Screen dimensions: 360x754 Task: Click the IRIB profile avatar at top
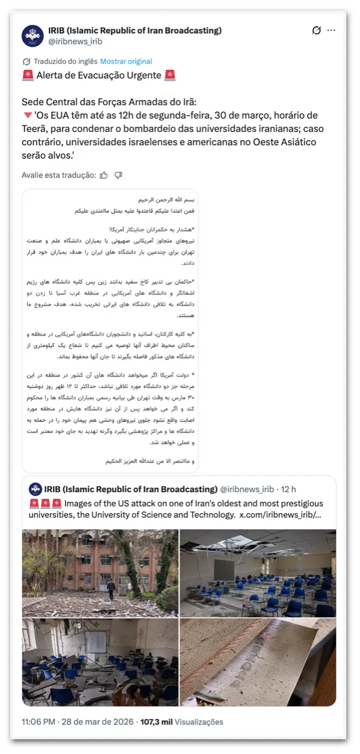pyautogui.click(x=33, y=36)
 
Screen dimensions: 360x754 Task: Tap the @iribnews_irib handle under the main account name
pyautogui.click(x=75, y=42)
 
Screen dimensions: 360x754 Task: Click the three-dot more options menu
pyautogui.click(x=331, y=30)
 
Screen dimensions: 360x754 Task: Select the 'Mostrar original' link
pyautogui.click(x=126, y=61)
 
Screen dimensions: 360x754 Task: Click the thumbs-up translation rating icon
pyautogui.click(x=104, y=175)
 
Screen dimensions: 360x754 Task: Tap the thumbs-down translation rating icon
pyautogui.click(x=119, y=175)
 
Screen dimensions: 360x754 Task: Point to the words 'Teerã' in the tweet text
pyautogui.click(x=36, y=129)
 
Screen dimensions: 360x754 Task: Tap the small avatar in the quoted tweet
pyautogui.click(x=36, y=489)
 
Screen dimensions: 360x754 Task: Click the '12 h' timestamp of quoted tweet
pyautogui.click(x=289, y=490)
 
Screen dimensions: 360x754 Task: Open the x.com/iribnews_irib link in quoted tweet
pyautogui.click(x=280, y=516)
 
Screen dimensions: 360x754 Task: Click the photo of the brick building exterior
pyautogui.click(x=101, y=565)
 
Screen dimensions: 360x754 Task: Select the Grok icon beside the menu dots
pyautogui.click(x=317, y=30)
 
